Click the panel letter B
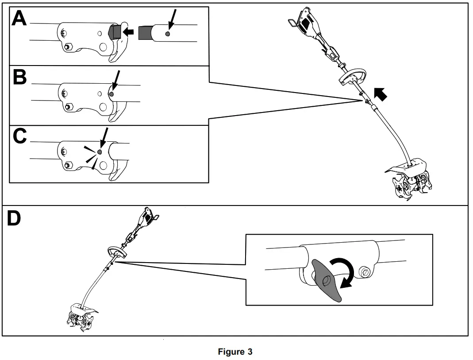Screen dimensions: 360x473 pos(20,77)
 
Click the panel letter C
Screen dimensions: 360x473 pos(20,136)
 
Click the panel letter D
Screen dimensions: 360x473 pos(14,219)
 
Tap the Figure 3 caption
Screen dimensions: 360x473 pos(235,352)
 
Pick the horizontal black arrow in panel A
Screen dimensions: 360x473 pos(128,31)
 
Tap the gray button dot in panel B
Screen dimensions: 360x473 pos(111,94)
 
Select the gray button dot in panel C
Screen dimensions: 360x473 pos(100,152)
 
